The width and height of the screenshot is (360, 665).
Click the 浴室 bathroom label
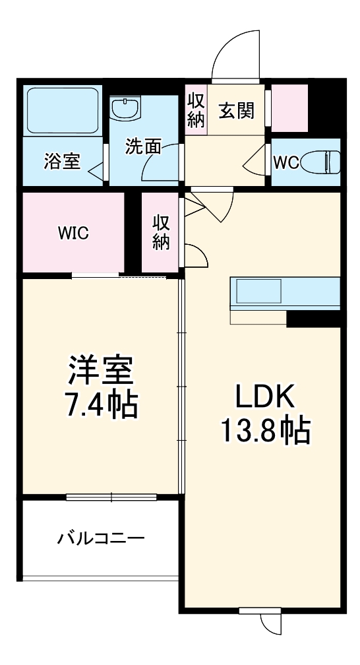tap(63, 162)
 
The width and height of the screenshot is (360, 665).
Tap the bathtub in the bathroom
tap(63, 110)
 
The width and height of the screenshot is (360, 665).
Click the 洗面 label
tap(144, 146)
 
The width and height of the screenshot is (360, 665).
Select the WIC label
tap(73, 233)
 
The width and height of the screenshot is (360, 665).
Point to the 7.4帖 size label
tap(101, 406)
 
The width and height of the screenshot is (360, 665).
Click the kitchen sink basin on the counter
tap(259, 291)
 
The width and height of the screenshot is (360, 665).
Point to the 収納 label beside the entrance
tap(196, 111)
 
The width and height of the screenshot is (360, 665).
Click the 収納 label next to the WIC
tap(161, 232)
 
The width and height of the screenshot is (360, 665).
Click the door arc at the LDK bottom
tap(270, 624)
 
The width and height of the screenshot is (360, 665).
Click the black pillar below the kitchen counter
tap(313, 318)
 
